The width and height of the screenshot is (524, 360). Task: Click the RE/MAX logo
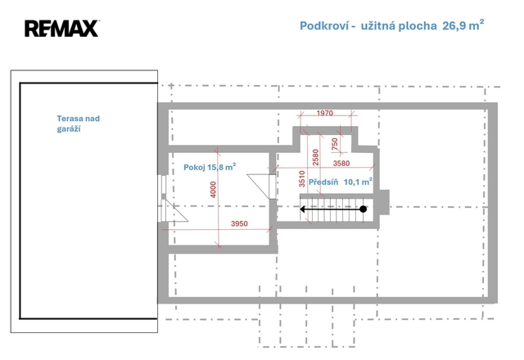pyautogui.click(x=62, y=29)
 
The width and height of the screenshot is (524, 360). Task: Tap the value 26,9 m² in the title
pyautogui.click(x=463, y=25)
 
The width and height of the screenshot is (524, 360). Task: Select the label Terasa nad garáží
pyautogui.click(x=79, y=124)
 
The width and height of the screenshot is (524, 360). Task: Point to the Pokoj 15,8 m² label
pyautogui.click(x=210, y=167)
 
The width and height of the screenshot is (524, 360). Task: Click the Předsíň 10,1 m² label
pyautogui.click(x=341, y=182)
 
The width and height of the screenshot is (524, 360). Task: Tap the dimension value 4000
pyautogui.click(x=213, y=190)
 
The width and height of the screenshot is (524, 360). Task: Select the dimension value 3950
pyautogui.click(x=239, y=223)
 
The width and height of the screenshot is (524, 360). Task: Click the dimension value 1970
pyautogui.click(x=324, y=113)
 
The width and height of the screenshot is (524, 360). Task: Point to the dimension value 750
pyautogui.click(x=335, y=144)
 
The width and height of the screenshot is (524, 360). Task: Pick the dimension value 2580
pyautogui.click(x=315, y=157)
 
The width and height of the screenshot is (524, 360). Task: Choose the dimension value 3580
pyautogui.click(x=341, y=164)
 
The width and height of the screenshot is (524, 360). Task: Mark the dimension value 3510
pyautogui.click(x=302, y=178)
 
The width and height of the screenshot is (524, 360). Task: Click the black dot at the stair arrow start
pyautogui.click(x=364, y=209)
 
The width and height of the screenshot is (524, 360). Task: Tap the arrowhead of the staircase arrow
pyautogui.click(x=303, y=209)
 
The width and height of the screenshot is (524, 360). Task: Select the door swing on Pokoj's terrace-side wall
pyautogui.click(x=174, y=210)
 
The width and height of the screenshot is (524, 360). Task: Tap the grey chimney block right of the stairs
pyautogui.click(x=384, y=202)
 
